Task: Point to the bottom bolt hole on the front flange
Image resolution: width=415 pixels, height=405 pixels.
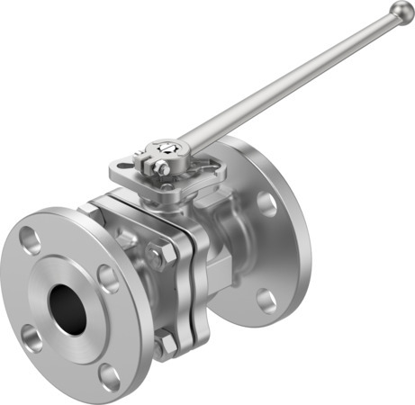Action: pyautogui.click(x=108, y=376)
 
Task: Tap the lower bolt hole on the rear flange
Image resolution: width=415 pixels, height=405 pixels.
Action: pyautogui.click(x=266, y=299)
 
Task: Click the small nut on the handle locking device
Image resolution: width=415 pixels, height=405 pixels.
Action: pyautogui.click(x=160, y=167)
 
